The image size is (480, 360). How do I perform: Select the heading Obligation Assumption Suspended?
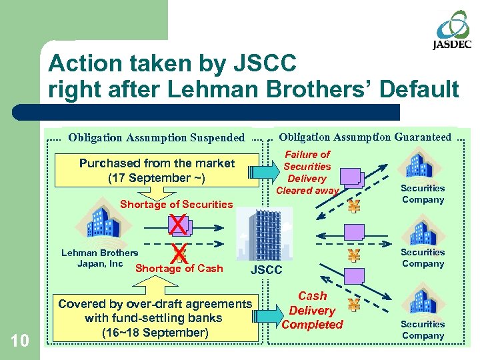pos(157,138)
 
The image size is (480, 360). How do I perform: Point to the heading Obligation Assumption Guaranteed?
pos(365,137)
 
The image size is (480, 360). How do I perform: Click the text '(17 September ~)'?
pos(157,178)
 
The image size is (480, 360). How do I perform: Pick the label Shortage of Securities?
pos(176,205)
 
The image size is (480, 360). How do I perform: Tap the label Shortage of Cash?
pos(179,269)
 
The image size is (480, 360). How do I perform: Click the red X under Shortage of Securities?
pos(178,225)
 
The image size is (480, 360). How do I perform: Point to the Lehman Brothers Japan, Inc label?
pos(99,258)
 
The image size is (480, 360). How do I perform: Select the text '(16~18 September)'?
pos(155,332)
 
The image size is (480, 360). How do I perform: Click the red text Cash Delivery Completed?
pos(311,310)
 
